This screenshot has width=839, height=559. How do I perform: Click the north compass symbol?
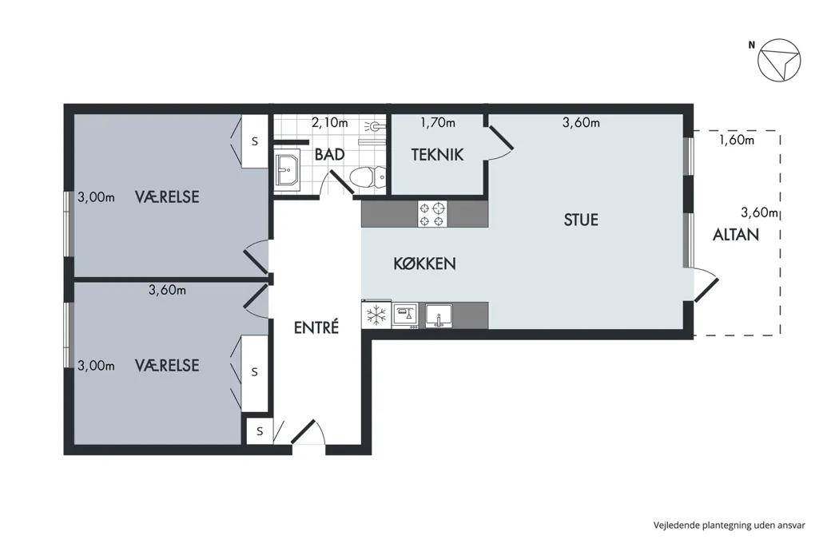pos(779,60)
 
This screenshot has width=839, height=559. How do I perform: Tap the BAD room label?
pos(329,155)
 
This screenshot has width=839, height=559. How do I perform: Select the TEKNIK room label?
pos(437,155)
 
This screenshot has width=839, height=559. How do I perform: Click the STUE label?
pos(581,220)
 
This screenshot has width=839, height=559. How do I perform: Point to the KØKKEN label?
pos(425,264)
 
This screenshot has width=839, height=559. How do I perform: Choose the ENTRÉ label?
pos(316,327)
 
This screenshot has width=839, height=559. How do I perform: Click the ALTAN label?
pos(736,234)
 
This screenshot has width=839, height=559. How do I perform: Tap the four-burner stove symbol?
pos(432,214)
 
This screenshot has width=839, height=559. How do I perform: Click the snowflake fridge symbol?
pos(376,315)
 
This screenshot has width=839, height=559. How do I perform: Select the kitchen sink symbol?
pos(439,315)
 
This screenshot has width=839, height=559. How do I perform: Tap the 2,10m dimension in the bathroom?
pos(329,123)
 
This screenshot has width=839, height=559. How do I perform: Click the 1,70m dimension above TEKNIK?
pos(438,123)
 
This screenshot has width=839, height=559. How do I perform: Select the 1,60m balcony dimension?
pos(736,141)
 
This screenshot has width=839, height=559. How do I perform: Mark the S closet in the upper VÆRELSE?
pos(255,141)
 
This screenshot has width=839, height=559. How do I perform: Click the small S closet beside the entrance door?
pos(260,431)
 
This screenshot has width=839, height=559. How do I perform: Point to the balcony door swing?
pos(706,286)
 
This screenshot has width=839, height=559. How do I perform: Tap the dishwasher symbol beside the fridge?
pos(405,315)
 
